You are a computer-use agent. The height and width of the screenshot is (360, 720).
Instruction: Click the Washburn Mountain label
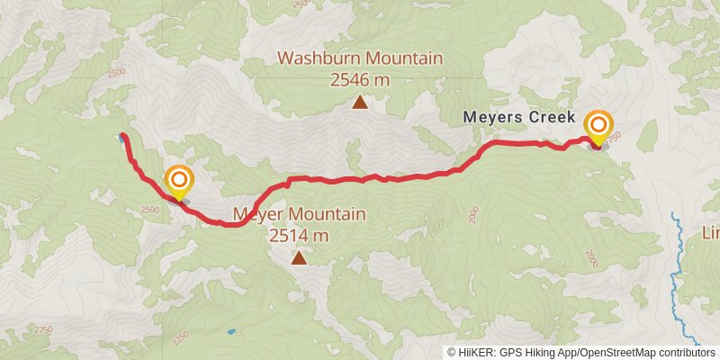(360, 59)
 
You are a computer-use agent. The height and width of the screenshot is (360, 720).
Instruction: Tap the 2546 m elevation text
(360, 80)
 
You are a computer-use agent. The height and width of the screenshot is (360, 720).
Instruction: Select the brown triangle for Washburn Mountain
(360, 103)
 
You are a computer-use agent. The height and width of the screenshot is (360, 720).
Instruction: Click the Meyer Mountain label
(299, 215)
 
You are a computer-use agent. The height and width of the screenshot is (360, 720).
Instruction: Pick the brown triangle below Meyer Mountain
(299, 258)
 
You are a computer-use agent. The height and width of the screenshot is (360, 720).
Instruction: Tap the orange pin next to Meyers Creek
(597, 125)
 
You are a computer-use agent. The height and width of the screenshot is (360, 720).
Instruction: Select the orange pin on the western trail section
(178, 180)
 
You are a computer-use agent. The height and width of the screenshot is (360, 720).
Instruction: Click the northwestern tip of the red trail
(122, 136)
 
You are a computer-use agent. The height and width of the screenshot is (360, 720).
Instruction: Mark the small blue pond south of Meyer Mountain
(231, 331)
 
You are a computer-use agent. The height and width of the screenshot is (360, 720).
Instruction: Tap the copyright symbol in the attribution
(452, 353)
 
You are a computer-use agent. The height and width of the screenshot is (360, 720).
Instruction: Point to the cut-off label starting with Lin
(710, 233)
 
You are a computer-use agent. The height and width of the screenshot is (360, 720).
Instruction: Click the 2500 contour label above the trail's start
(115, 74)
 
